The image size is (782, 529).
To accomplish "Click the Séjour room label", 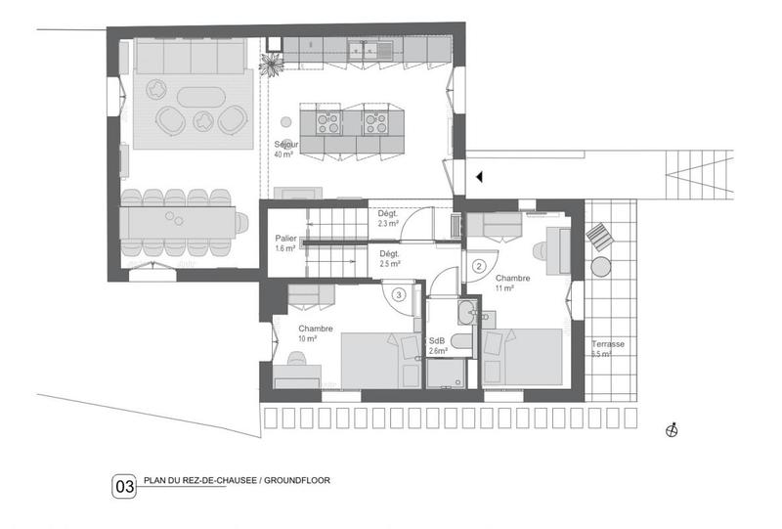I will tap(285, 149).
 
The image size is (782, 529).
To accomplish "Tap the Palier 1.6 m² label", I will tap(286, 242).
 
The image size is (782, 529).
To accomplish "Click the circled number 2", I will tap(479, 265).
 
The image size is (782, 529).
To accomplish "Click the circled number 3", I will tap(399, 293).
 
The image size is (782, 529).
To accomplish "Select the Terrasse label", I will tap(607, 349).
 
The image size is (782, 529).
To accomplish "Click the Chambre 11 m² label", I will tap(512, 284).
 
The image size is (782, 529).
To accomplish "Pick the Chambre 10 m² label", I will tap(315, 333).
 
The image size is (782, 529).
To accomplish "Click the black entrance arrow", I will tap(479, 177).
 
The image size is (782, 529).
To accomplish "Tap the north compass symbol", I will tap(672, 429).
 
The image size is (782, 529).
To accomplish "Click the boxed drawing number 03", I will tap(125, 485).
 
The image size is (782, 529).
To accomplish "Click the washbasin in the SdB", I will tap(466, 315).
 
